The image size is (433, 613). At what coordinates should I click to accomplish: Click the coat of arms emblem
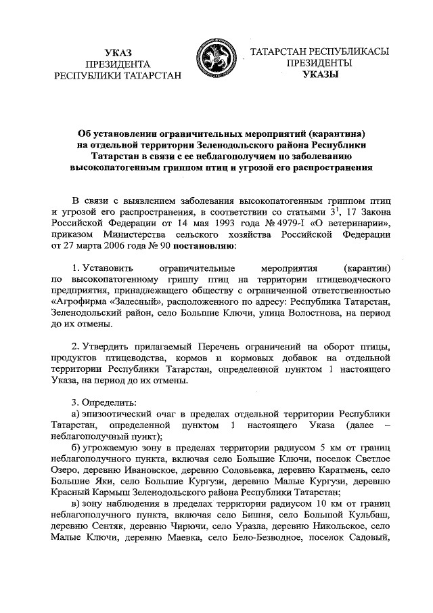pyautogui.click(x=216, y=60)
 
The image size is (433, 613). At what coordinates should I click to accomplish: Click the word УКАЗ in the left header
pyautogui.click(x=118, y=52)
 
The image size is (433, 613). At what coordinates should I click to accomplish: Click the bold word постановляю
pyautogui.click(x=202, y=246)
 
